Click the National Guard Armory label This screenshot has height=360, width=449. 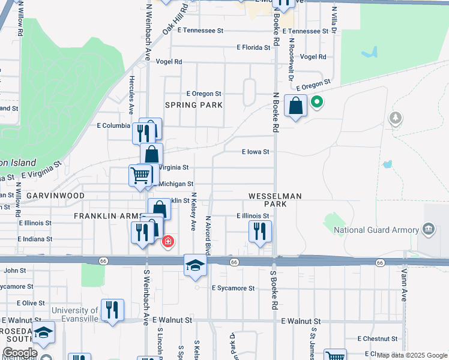pos(376,230)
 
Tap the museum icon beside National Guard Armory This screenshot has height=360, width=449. pos(429,228)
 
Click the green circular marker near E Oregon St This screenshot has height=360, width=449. pos(316,103)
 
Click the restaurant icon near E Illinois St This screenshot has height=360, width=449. pos(260,231)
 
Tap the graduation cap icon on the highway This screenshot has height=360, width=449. pos(195,265)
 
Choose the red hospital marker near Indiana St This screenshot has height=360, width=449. pos(169,242)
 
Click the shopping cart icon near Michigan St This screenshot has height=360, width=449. pos(140,176)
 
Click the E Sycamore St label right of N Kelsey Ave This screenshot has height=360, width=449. pos(233,288)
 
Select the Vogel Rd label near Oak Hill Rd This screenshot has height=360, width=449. pos(169,62)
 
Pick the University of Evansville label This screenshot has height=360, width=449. pos(74,310)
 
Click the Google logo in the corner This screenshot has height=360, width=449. pos(19,353)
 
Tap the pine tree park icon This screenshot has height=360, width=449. pos(396,117)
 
